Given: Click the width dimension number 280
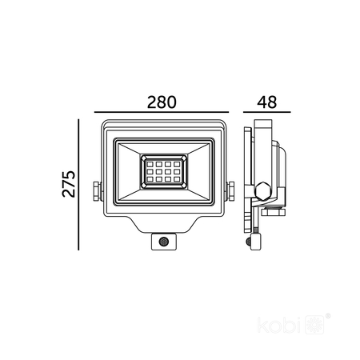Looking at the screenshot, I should pyautogui.click(x=162, y=102).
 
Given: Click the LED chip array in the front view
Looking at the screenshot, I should pyautogui.click(x=163, y=171).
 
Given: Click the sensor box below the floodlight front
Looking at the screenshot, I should pyautogui.click(x=163, y=240).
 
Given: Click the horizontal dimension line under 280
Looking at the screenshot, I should pyautogui.click(x=162, y=112).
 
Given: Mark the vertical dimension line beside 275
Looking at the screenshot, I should pyautogui.click(x=79, y=184).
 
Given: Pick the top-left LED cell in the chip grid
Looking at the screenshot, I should pyautogui.click(x=148, y=163).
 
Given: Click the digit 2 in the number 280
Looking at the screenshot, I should pyautogui.click(x=151, y=102).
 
